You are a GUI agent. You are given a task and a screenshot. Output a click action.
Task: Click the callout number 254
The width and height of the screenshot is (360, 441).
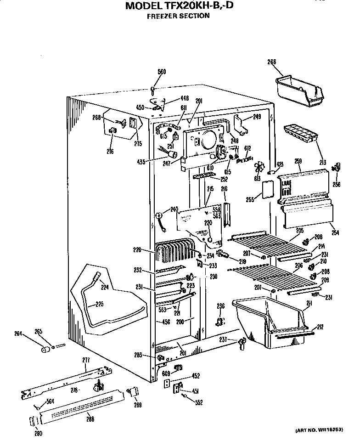pyautogui.click(x=335, y=233)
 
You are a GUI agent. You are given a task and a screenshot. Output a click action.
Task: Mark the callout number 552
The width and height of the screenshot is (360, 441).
pyautogui.click(x=198, y=403)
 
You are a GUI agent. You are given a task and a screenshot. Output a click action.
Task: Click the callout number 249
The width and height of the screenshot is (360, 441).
pyautogui.click(x=257, y=117)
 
